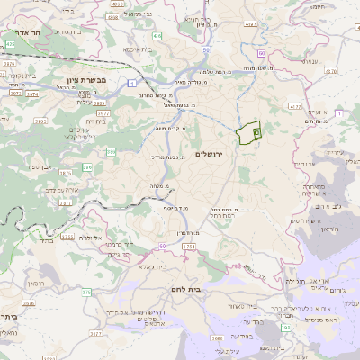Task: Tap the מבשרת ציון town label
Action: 82,79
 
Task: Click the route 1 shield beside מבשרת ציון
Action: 132,84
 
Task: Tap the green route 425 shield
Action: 9,42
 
